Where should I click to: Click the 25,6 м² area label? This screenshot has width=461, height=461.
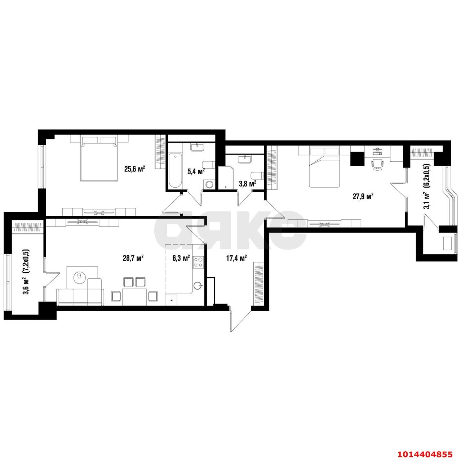click(x=135, y=169)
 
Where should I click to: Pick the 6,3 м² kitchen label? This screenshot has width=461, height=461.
click(x=181, y=258)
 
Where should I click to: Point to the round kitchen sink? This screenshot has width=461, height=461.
click(x=198, y=285)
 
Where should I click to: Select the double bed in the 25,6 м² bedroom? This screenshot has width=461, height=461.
click(x=99, y=158)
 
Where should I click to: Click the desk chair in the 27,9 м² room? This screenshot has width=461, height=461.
click(x=377, y=165)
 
